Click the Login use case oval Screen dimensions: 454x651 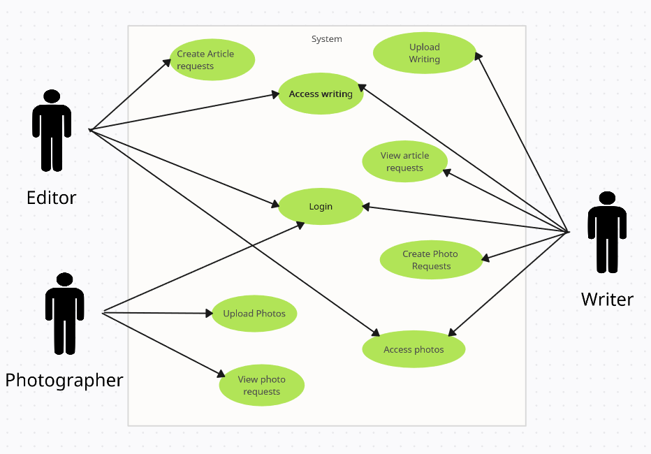click(321, 207)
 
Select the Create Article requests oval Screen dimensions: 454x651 click(212, 60)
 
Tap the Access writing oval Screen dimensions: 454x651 click(321, 94)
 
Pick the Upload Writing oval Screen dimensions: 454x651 click(424, 53)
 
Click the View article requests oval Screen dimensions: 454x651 click(404, 162)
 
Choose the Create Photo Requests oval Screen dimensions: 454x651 click(431, 260)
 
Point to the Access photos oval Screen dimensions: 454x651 click(414, 349)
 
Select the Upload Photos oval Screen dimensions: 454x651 click(254, 314)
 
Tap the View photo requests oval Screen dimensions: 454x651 click(261, 386)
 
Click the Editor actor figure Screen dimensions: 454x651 click(52, 131)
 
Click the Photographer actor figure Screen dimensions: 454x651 click(64, 314)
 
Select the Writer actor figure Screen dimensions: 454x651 click(607, 233)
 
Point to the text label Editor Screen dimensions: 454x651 click(51, 198)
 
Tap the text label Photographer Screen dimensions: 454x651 click(64, 381)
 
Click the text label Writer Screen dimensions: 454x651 click(607, 300)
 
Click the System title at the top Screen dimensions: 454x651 click(326, 39)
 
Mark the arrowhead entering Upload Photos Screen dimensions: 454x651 click(209, 314)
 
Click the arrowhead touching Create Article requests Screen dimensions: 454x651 click(168, 62)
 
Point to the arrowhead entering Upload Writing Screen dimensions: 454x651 click(478, 56)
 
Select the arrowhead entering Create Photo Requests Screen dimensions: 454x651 click(485, 259)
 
